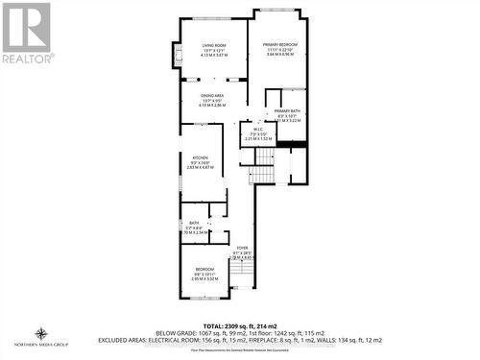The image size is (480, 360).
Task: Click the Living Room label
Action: pos(212,45)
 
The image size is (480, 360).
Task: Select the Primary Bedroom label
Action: pos(280,45)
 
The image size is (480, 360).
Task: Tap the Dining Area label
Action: pos(213,96)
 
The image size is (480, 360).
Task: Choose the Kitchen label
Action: pos(199,156)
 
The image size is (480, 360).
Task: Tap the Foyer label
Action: pos(243,248)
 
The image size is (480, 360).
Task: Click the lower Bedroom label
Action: pos(204,270)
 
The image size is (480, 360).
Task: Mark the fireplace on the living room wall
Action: pos(176,55)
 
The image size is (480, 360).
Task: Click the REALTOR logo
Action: pos(26,34)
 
